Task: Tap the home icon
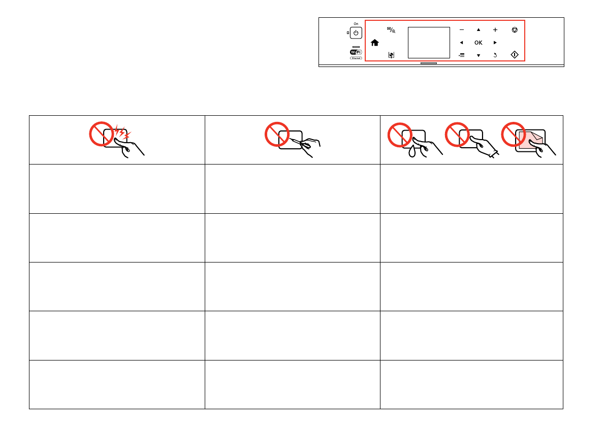(375, 43)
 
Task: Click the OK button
(478, 43)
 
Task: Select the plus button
(495, 30)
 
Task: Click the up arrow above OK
(478, 30)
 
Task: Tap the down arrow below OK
(478, 55)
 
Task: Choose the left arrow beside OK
(461, 43)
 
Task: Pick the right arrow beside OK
(495, 43)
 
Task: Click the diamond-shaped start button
(515, 55)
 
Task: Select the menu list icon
(461, 55)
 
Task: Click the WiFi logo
(356, 52)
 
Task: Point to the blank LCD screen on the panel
(429, 43)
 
